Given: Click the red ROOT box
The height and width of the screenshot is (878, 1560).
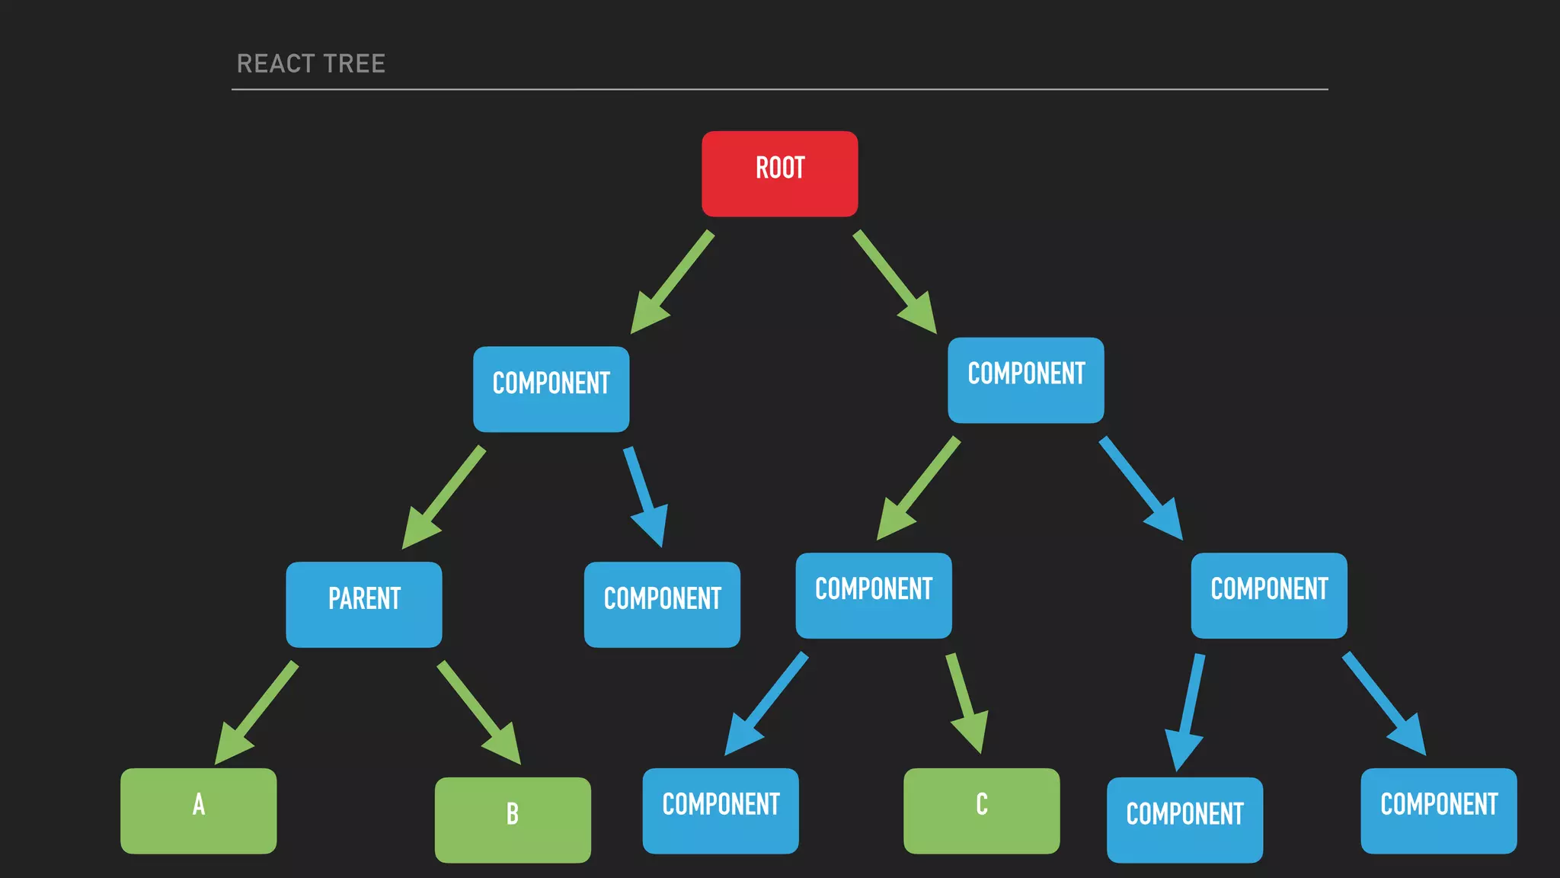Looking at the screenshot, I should coord(779,174).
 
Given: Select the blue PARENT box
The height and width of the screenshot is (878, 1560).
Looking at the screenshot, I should coord(364,604).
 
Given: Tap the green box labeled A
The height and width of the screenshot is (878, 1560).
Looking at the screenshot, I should coord(199,810).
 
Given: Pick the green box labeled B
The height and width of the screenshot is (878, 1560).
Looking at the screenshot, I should coord(513,819).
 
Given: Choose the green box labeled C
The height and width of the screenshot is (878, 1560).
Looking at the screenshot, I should coord(981,810).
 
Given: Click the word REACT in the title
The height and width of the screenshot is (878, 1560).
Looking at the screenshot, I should coord(275,64).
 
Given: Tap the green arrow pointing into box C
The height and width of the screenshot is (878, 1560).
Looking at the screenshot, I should coord(966,702).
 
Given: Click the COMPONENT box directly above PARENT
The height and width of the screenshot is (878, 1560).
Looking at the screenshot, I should coord(551,389).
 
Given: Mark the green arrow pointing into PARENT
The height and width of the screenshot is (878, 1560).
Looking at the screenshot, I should coord(443,498).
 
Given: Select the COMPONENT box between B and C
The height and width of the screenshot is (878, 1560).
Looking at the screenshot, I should coord(721,810).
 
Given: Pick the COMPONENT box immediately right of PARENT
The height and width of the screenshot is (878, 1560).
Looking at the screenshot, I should coord(662,604).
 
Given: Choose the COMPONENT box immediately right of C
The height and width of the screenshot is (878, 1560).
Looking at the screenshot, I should coord(1184,819).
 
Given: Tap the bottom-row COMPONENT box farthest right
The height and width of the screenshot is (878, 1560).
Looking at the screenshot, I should coord(1439,810).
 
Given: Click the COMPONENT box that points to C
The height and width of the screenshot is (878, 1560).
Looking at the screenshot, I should coord(874,595).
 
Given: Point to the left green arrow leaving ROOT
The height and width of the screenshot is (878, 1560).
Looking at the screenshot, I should coord(672,283).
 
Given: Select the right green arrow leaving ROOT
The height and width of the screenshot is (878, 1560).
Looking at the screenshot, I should coord(895,282).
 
